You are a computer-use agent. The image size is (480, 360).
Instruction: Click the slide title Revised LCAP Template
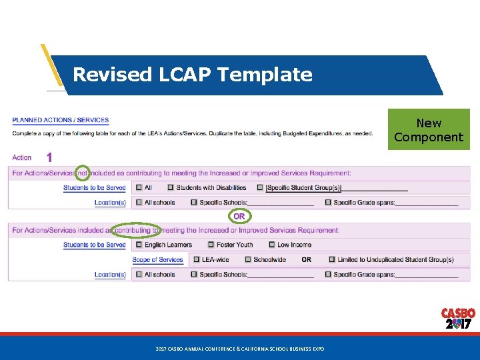pyautogui.click(x=192, y=74)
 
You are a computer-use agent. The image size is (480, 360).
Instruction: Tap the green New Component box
pyautogui.click(x=429, y=129)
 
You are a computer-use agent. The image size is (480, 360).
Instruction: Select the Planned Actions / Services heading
pyautogui.click(x=60, y=120)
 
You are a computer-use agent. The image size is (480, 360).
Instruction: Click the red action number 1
pyautogui.click(x=49, y=157)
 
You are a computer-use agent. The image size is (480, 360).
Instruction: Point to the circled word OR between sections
pyautogui.click(x=239, y=216)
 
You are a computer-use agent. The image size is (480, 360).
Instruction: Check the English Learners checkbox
pyautogui.click(x=139, y=245)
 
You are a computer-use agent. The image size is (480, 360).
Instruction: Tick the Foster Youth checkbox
pyautogui.click(x=211, y=245)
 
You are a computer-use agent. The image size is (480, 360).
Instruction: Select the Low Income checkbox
pyautogui.click(x=271, y=245)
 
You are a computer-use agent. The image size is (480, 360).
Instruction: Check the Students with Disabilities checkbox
pyautogui.click(x=171, y=188)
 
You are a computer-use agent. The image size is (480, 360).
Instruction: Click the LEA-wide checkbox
pyautogui.click(x=197, y=259)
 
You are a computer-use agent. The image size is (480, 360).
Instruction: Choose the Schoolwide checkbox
pyautogui.click(x=248, y=259)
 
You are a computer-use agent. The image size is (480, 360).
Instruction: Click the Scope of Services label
pyautogui.click(x=157, y=259)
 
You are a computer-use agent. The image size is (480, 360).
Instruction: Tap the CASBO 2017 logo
pyautogui.click(x=458, y=319)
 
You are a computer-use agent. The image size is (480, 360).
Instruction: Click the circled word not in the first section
pyautogui.click(x=82, y=173)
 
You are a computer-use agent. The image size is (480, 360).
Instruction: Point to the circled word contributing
pyautogui.click(x=135, y=230)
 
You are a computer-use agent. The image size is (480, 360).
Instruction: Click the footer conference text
pyautogui.click(x=239, y=349)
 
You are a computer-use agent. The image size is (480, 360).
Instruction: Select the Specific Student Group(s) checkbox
pyautogui.click(x=260, y=188)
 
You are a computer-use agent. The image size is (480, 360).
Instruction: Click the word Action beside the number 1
pyautogui.click(x=22, y=157)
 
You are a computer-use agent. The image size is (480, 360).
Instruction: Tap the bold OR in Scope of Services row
pyautogui.click(x=306, y=259)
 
